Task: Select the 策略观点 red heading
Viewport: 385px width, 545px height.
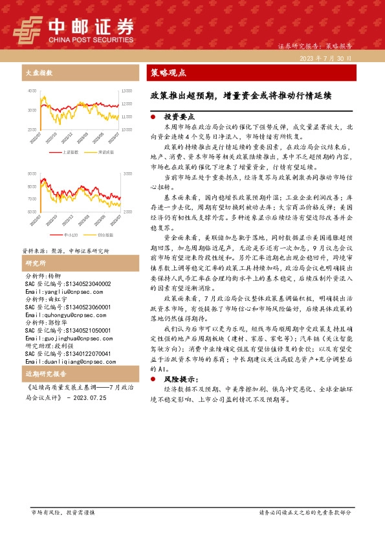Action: (168, 72)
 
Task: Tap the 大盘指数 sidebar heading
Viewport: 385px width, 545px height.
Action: (39, 72)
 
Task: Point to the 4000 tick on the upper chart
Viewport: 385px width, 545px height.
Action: (32, 91)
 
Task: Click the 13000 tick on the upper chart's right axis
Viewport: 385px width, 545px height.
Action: (127, 91)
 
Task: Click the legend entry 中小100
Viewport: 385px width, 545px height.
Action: (71, 235)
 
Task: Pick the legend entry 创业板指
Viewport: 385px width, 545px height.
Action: (104, 235)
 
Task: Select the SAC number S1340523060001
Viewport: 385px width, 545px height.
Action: (67, 306)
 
